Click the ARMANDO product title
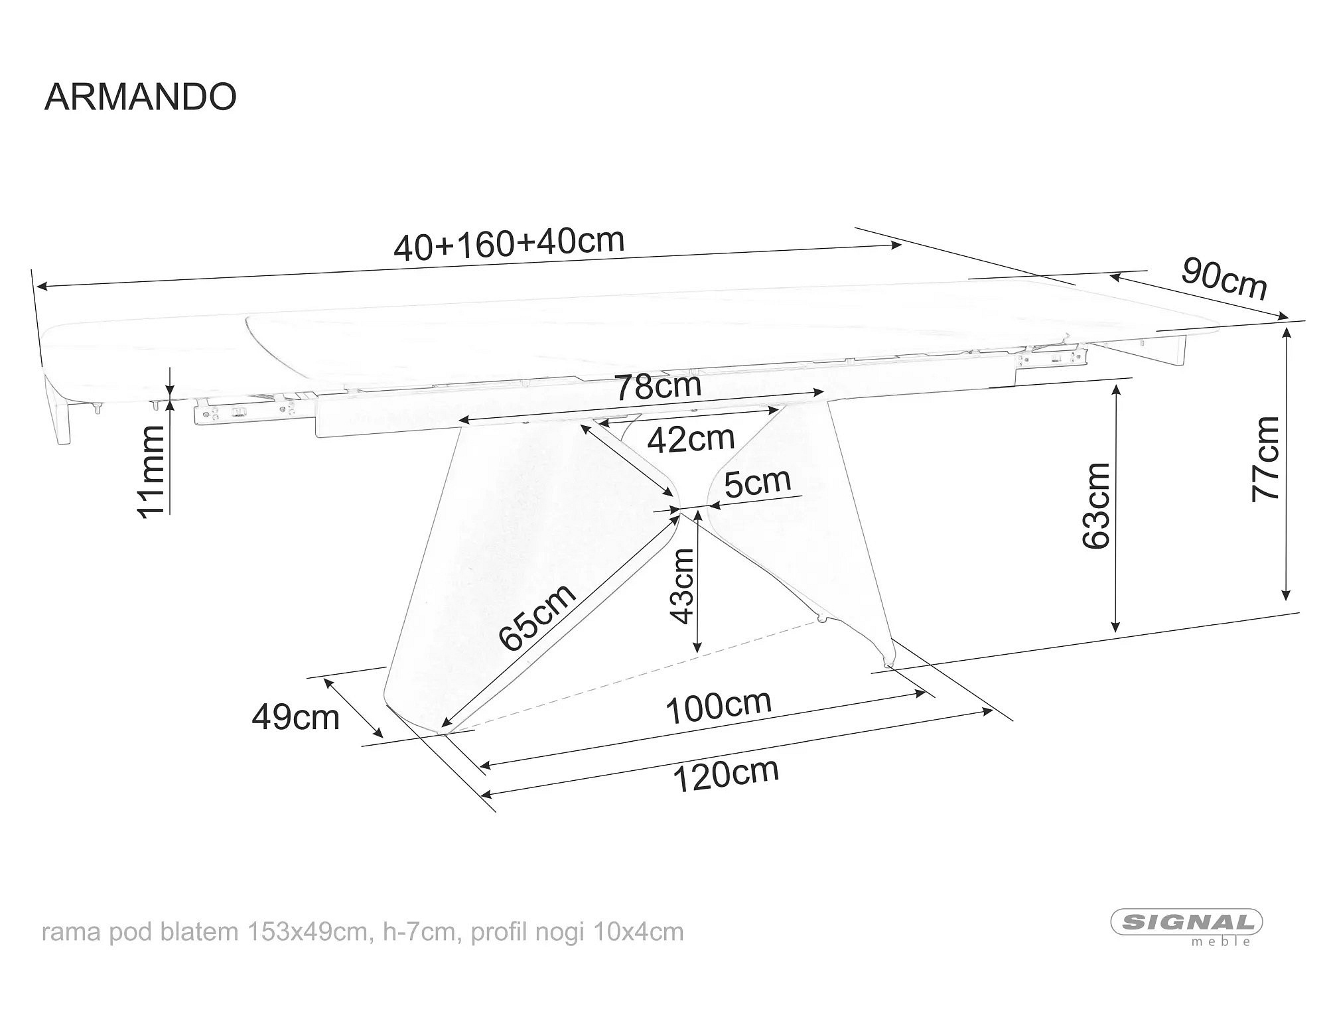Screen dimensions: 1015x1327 (140, 97)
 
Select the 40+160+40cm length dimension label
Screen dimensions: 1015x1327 (509, 243)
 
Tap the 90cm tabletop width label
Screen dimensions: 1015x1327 (1224, 279)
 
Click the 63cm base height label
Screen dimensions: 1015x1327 (1096, 506)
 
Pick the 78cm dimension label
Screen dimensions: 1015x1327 (658, 387)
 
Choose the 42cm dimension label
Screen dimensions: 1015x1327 (691, 439)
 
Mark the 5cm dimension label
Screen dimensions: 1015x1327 (757, 482)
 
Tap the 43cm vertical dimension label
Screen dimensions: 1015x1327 (682, 586)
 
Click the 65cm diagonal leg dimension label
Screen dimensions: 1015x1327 (537, 618)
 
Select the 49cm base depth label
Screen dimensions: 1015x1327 (295, 717)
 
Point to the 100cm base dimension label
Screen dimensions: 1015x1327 (718, 707)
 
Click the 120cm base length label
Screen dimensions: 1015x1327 (726, 774)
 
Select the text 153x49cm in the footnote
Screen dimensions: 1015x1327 (307, 931)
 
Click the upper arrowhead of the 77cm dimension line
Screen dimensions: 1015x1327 (1287, 330)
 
